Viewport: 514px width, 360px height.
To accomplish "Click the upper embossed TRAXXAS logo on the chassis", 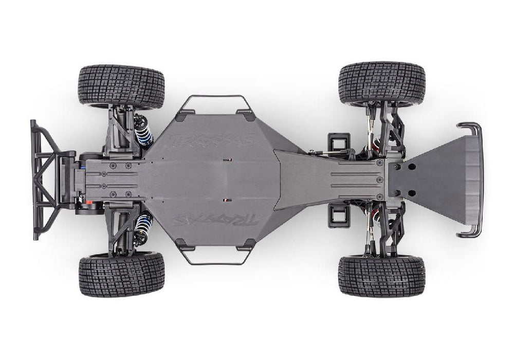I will [213, 140].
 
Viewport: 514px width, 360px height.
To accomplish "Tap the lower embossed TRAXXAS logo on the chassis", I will [216, 220].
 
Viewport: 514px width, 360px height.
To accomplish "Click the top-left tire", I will [121, 86].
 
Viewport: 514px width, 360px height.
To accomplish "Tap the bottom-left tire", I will [122, 274].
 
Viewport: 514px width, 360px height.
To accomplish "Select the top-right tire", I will [381, 83].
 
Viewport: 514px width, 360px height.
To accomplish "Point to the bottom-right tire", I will [381, 276].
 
